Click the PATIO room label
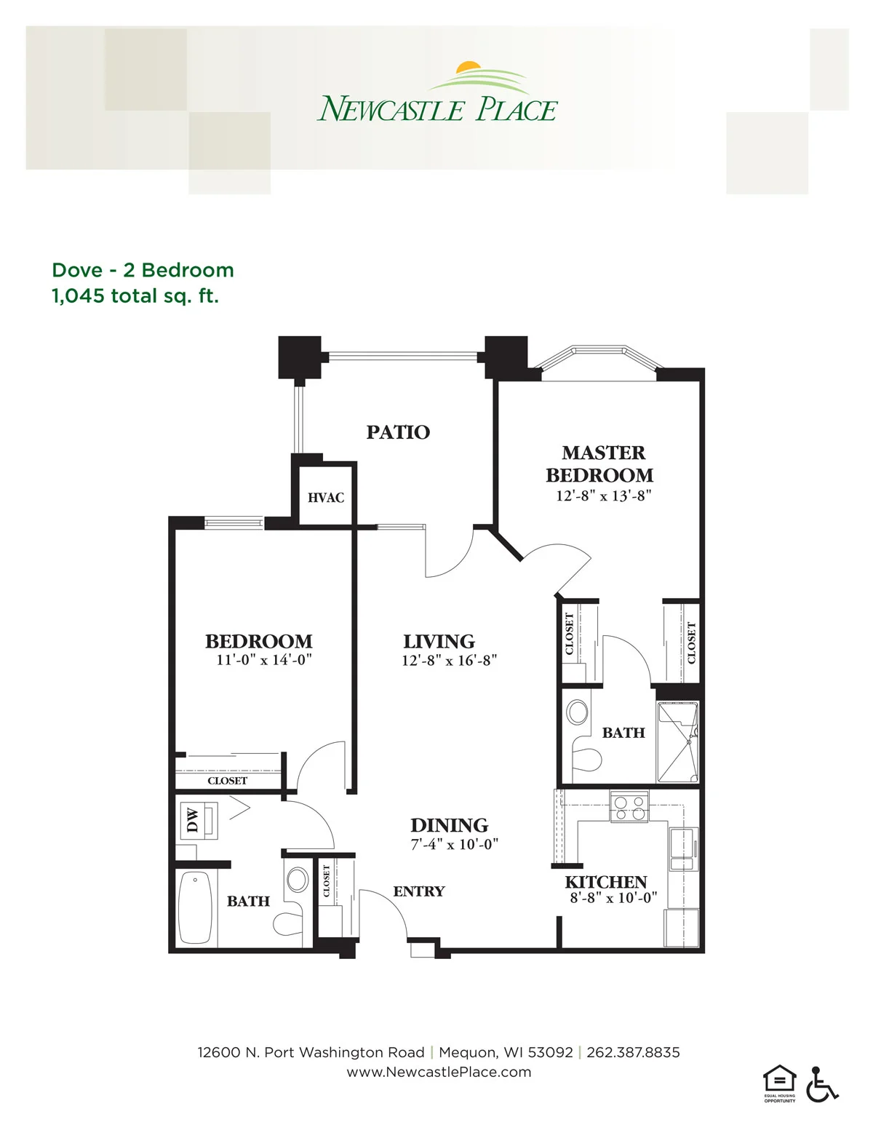[x=398, y=432]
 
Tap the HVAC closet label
[x=326, y=498]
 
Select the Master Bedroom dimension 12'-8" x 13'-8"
[x=604, y=496]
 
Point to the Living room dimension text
[x=450, y=661]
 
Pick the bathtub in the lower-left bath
[x=195, y=907]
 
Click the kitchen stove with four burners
[x=629, y=807]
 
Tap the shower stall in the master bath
[x=677, y=742]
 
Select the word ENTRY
[x=419, y=891]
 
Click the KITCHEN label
[x=606, y=882]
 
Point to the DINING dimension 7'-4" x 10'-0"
[x=455, y=844]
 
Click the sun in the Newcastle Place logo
[x=469, y=68]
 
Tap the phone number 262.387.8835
[x=633, y=1053]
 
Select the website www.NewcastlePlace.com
[x=439, y=1072]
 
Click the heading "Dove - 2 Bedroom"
[x=143, y=271]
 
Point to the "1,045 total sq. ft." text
[x=135, y=296]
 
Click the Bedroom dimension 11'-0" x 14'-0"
[x=264, y=660]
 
